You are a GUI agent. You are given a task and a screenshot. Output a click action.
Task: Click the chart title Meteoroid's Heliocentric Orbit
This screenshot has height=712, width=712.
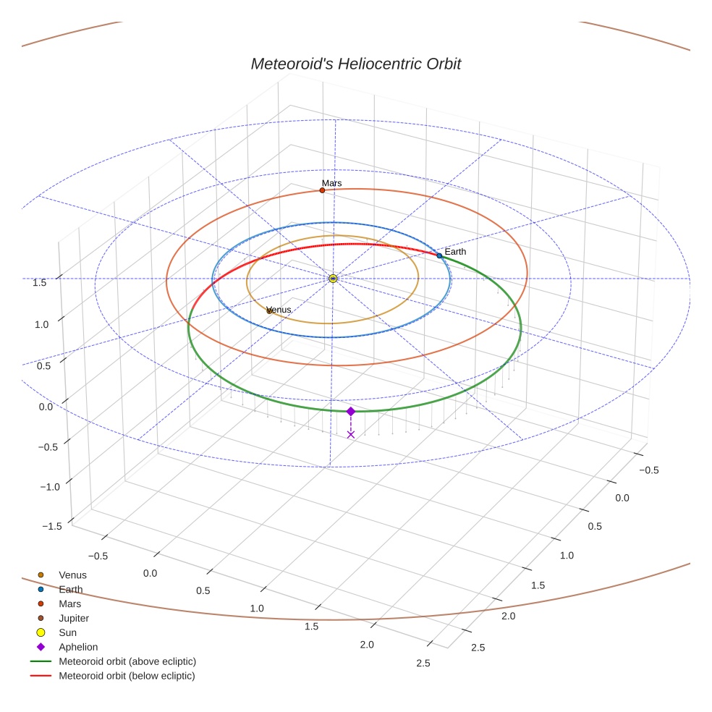355,64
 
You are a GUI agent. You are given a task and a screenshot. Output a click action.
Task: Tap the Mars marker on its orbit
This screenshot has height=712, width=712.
322,190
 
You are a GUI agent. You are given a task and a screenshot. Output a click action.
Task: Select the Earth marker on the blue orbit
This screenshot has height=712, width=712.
439,255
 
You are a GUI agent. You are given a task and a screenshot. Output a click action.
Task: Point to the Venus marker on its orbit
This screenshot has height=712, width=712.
270,310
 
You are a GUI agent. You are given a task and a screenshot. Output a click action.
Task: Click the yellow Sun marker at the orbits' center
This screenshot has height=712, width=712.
333,279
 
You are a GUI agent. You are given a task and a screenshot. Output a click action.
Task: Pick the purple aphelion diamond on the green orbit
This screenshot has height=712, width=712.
351,411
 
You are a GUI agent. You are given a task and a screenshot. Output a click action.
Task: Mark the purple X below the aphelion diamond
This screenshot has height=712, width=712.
351,434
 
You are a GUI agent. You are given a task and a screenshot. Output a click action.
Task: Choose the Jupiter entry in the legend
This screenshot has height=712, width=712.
73,618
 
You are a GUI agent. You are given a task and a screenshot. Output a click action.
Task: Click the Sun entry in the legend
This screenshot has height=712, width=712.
67,632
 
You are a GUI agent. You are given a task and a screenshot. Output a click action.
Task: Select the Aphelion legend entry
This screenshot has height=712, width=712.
77,647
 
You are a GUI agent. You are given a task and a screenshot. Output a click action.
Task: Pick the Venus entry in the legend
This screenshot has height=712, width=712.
72,575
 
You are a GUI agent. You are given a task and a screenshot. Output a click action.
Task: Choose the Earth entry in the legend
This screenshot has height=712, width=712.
70,590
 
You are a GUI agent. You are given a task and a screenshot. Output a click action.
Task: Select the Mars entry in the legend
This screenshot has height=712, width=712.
69,603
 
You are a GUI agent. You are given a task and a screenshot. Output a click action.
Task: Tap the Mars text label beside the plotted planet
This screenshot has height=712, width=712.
331,183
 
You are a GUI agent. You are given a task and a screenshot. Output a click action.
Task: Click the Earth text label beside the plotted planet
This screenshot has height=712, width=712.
455,251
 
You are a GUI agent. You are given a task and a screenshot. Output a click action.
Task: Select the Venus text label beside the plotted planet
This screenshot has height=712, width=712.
280,310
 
